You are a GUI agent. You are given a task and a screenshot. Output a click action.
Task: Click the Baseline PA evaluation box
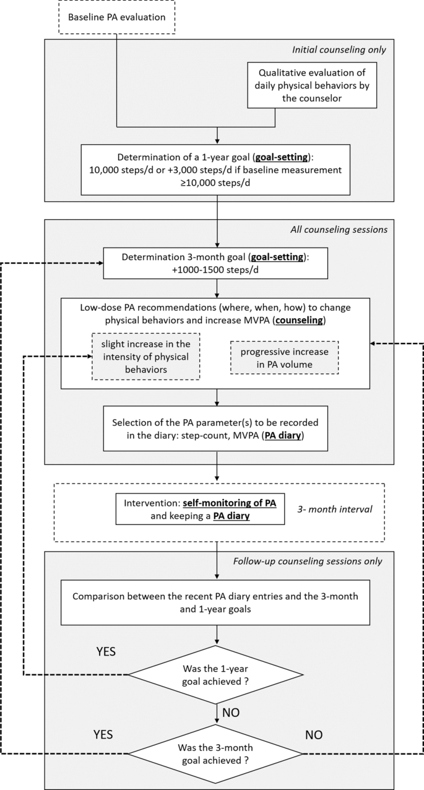tap(116, 17)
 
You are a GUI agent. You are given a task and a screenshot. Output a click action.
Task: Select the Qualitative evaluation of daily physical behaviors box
tap(312, 85)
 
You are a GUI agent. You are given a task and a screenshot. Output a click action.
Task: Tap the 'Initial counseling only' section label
tap(341, 50)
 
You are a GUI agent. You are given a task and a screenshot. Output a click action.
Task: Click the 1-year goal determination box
tap(215, 168)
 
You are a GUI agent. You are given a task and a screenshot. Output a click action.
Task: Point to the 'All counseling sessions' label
tap(339, 229)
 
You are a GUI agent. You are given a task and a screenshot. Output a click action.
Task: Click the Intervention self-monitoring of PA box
tap(200, 509)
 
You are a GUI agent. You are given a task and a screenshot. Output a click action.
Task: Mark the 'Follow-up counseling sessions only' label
tap(308, 562)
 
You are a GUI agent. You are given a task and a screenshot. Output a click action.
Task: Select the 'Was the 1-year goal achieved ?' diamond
tap(215, 674)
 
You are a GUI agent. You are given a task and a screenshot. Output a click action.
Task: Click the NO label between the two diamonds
tap(231, 713)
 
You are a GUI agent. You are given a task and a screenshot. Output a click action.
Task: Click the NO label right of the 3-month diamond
tap(318, 734)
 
